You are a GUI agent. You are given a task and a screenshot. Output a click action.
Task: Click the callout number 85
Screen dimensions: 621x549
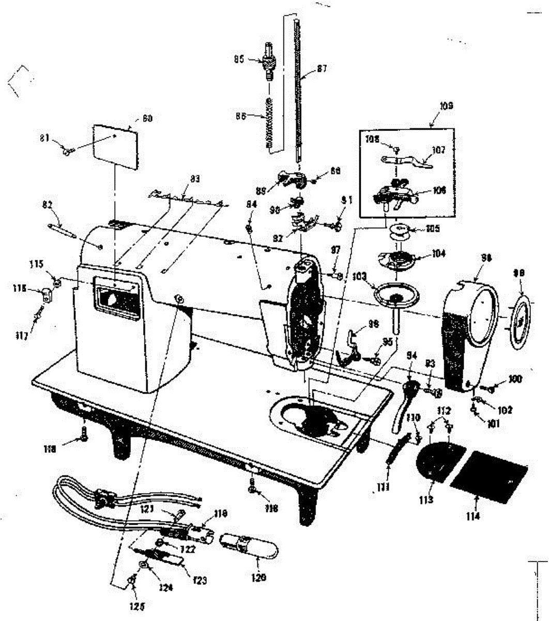(239, 59)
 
